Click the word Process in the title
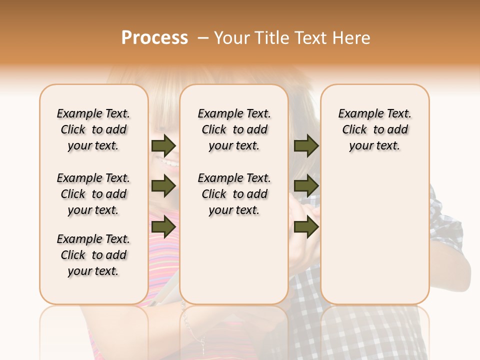coord(154,38)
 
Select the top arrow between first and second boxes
coord(163,145)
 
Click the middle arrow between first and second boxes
coord(163,186)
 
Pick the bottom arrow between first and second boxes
coord(163,227)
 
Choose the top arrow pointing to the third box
coord(306,145)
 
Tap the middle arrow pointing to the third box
coord(306,186)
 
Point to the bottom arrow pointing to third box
coord(306,227)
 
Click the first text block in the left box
coord(93,129)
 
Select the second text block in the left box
coord(93,194)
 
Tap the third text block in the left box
coord(93,255)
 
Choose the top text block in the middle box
coord(234,129)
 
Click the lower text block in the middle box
coord(234,194)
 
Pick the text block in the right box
coord(374,129)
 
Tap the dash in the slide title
coord(202,38)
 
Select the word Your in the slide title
coord(231,38)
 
